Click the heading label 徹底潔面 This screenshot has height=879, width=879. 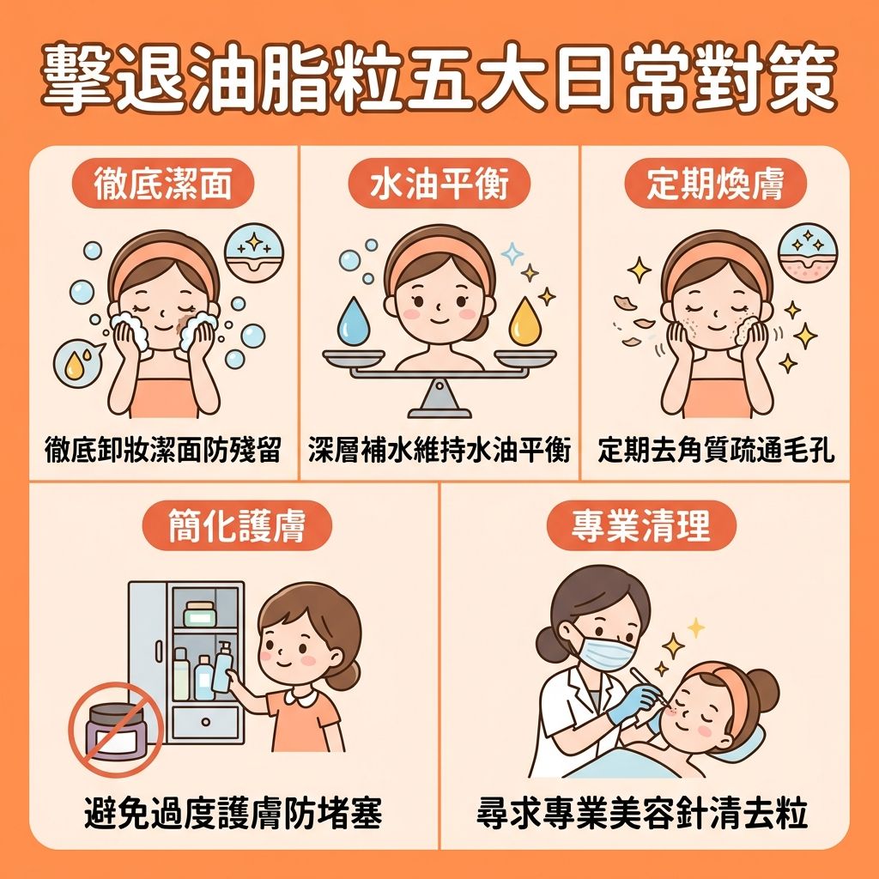coord(162,184)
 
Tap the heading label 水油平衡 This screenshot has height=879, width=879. coord(439,184)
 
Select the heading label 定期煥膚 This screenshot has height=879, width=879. coord(715,184)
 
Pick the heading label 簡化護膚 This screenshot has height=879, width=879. coord(237,525)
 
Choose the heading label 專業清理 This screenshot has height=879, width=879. coord(641,525)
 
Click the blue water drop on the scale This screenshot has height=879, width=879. coord(354,323)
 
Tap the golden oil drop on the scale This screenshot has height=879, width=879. coord(525,323)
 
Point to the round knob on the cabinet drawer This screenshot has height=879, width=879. coord(205,722)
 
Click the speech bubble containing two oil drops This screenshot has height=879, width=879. coord(78,363)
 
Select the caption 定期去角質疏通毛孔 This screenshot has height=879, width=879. coord(716,450)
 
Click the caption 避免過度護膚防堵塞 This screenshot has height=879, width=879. coord(233,814)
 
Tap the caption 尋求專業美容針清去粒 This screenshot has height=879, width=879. coord(642,814)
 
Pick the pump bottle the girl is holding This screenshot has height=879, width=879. coord(223,666)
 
